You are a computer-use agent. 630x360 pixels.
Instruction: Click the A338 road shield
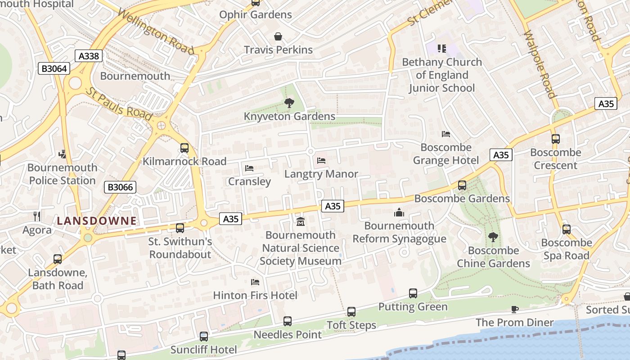coord(89,56)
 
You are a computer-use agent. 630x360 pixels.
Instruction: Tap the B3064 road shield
coord(54,68)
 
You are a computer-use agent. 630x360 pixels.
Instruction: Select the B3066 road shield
coord(120,187)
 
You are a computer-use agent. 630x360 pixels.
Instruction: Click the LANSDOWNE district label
coord(96,220)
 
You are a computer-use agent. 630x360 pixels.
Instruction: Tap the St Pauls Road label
coord(119,104)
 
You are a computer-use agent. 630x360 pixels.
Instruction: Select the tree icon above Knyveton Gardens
coord(289,103)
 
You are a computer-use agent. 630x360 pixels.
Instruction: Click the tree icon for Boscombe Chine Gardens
coord(493,237)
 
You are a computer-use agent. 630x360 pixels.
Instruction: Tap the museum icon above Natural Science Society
coord(300,221)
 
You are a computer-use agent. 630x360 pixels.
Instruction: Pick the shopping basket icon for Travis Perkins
coord(278,36)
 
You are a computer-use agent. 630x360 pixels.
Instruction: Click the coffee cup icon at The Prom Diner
coord(515,309)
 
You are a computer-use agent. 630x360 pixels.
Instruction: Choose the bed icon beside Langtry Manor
coord(321,160)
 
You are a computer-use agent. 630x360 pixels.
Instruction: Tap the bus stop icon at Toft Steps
coord(351,311)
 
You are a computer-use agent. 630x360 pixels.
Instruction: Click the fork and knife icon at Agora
coord(37,216)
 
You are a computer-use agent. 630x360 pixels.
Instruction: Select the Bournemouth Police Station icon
coord(63,154)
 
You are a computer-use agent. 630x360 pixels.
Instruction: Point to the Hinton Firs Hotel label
coord(255,295)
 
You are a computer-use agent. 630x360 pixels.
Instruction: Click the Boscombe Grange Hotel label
coord(446,154)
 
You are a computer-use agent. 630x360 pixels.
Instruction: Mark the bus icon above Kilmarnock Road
coord(184,148)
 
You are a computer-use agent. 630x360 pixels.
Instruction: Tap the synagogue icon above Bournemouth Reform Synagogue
coord(399,212)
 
